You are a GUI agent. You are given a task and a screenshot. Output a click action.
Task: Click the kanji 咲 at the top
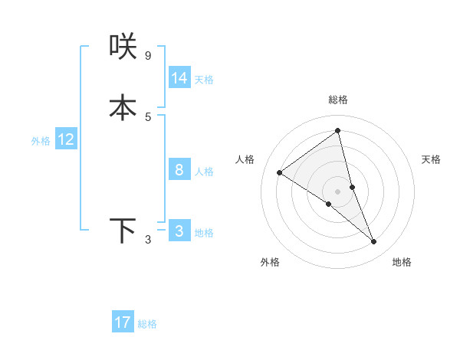123,47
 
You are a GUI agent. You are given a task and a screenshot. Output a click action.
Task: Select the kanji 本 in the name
123,107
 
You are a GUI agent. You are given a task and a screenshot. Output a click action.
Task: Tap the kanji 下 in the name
123,231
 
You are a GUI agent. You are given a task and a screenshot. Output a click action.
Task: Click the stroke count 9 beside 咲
148,56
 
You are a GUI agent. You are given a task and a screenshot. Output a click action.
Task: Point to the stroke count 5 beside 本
148,116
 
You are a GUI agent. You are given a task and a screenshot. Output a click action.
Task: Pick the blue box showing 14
179,78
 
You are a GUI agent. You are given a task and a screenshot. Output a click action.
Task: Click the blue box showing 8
179,170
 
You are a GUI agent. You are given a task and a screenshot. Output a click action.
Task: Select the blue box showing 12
66,139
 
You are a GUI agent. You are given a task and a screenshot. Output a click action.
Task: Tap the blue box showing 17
123,323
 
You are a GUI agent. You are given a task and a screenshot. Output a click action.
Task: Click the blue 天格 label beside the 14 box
204,80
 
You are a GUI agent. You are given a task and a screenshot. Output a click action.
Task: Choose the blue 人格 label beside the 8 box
204,172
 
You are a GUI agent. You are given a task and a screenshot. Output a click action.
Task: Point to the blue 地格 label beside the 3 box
204,233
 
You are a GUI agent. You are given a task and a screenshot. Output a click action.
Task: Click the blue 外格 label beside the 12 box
41,141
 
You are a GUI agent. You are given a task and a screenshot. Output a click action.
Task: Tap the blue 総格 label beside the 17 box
147,325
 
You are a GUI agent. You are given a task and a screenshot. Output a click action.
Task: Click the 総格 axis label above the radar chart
337,100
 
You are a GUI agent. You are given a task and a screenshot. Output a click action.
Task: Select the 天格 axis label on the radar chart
431,159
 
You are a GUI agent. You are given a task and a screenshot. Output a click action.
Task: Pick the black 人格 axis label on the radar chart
245,159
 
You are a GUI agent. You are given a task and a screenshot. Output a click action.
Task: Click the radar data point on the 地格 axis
374,242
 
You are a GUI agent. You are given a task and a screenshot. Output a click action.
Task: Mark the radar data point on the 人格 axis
280,172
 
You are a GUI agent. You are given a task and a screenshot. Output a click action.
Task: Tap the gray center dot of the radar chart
337,191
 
